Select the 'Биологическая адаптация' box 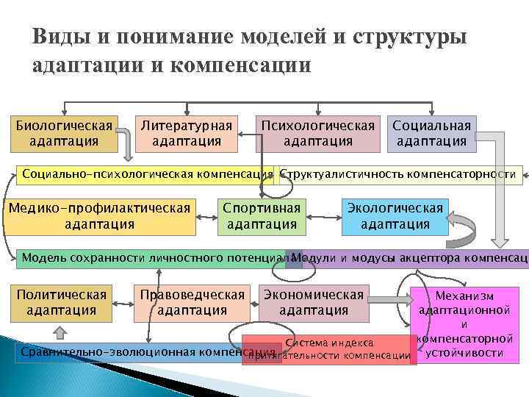[x=65, y=133]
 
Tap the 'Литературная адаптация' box [x=186, y=133]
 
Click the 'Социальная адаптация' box [x=431, y=133]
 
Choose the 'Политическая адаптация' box [x=61, y=302]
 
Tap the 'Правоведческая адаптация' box [x=192, y=302]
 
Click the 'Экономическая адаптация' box [x=314, y=302]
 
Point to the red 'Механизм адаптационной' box [x=464, y=323]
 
